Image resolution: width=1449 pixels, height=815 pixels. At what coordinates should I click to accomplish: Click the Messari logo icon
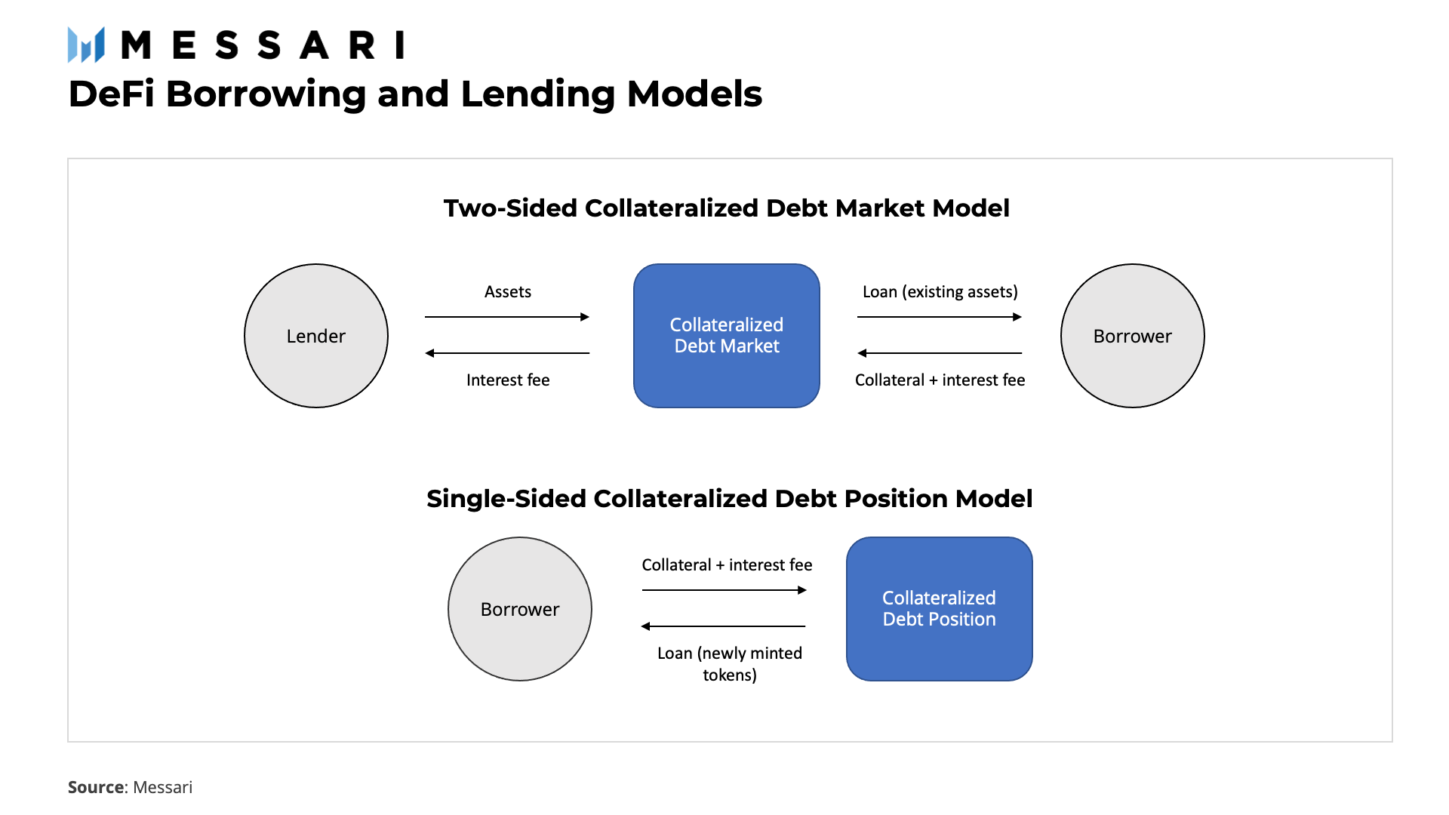[86, 45]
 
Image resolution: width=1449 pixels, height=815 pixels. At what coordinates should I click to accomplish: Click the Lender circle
[316, 336]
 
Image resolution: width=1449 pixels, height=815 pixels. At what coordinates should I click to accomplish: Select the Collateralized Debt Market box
[726, 336]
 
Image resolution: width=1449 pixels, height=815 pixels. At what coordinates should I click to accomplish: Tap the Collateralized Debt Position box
[939, 609]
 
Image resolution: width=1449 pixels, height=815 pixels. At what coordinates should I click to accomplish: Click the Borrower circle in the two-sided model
[1132, 336]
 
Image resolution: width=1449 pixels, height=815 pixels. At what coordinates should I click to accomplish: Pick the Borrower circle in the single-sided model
[520, 609]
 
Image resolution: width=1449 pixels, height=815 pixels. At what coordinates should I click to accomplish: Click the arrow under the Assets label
[507, 317]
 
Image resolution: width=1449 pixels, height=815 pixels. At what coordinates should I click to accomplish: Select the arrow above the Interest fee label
[507, 353]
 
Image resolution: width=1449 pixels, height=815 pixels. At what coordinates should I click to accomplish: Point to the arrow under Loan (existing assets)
[940, 317]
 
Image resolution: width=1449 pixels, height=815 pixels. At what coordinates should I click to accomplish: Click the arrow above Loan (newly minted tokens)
[724, 626]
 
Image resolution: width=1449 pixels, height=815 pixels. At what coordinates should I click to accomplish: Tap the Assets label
[508, 292]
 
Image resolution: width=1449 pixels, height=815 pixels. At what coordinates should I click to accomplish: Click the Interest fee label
[508, 380]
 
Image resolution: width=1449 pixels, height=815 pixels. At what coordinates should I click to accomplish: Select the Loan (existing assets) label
[940, 292]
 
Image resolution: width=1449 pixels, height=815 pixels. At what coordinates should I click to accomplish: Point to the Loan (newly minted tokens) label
[730, 664]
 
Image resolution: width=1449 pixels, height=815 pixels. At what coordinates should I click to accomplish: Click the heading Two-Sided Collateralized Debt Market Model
[726, 208]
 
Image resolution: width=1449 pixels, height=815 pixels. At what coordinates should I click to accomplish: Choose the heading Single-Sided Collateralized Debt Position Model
[729, 499]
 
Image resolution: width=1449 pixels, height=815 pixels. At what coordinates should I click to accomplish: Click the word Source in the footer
[96, 787]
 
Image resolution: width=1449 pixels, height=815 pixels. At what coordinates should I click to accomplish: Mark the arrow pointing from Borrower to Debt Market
[940, 353]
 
